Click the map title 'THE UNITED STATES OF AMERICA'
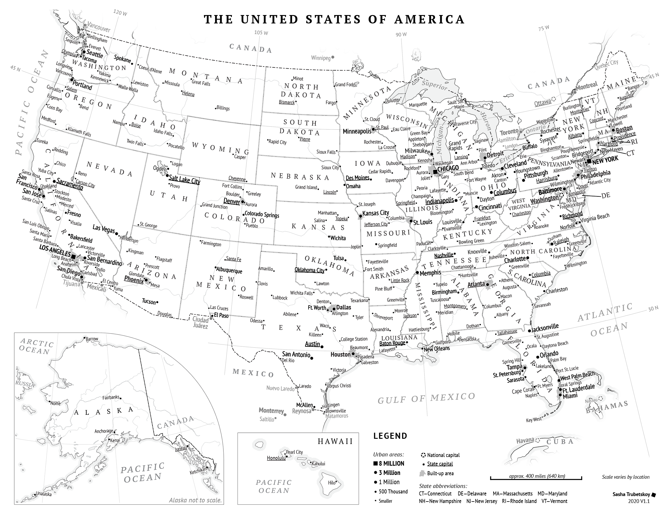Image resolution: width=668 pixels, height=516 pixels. (x=334, y=19)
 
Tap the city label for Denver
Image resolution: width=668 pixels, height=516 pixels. (x=232, y=201)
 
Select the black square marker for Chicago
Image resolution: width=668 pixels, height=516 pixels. (x=435, y=172)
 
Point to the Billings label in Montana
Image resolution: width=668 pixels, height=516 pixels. (x=223, y=108)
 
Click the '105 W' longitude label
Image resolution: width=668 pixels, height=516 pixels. (x=261, y=33)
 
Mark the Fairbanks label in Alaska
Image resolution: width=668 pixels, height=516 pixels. (x=111, y=397)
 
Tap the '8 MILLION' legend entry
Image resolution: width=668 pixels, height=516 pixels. (x=391, y=463)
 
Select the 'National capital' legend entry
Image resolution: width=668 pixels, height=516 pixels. (x=443, y=455)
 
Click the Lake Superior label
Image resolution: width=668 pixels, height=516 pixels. (x=434, y=85)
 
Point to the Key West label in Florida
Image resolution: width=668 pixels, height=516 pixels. (x=533, y=420)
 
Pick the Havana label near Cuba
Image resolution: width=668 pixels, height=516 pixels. (x=525, y=441)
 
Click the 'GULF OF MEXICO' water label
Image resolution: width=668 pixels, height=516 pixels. (x=426, y=398)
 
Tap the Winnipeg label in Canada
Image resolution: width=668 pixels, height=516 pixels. (x=321, y=58)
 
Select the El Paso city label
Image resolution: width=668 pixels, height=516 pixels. (x=221, y=316)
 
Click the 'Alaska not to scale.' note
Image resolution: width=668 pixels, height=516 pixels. (x=195, y=500)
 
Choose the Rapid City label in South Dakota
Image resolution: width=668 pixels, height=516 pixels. (x=277, y=142)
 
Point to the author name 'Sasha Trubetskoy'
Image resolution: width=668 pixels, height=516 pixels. (x=631, y=494)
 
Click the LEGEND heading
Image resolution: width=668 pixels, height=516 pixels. (x=390, y=436)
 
